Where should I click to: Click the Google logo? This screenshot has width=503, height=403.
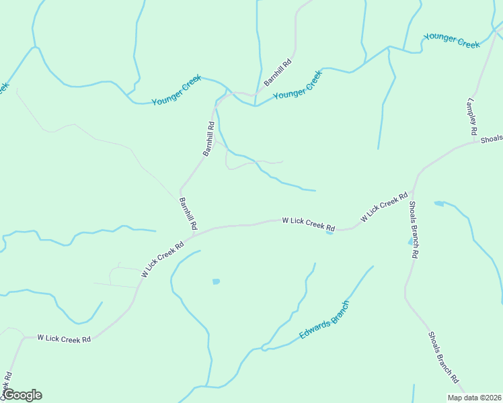pos(22,395)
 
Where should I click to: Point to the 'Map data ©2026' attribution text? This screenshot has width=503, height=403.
pos(474,398)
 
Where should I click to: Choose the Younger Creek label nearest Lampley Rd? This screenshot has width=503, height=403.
pos(451,40)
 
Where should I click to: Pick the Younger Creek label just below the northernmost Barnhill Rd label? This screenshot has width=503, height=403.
pos(298,85)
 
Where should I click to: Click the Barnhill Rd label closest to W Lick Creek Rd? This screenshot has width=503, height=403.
pos(188,214)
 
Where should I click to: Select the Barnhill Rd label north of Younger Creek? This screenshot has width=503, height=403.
pos(278,73)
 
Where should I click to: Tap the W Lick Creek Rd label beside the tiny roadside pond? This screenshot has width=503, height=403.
pos(308,224)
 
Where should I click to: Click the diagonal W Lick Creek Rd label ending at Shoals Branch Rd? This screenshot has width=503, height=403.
pos(384,208)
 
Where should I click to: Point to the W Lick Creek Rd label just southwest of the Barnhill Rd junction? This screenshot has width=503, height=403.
pos(163,259)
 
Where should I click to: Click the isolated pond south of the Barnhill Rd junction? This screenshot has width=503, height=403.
pos(216,281)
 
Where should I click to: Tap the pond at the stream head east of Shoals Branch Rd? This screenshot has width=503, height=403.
pos(439,203)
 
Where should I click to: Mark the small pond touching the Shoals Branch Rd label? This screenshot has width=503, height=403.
pos(410,241)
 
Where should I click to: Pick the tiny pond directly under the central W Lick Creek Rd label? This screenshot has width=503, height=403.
pos(330,233)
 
